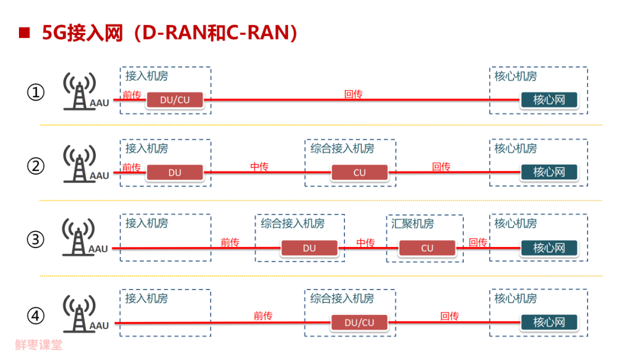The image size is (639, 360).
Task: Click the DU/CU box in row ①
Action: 175,100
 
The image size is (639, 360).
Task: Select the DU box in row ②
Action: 175,173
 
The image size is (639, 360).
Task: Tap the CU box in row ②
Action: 360,173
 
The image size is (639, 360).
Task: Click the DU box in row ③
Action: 309,248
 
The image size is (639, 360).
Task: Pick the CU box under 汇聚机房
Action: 427,248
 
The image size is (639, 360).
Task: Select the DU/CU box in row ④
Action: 360,323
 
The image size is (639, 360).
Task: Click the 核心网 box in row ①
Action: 549,100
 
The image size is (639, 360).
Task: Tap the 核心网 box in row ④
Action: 549,323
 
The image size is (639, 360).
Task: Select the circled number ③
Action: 36,240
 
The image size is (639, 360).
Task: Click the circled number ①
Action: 36,93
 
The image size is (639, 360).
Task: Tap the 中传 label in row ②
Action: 259,167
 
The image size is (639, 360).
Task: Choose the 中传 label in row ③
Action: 366,243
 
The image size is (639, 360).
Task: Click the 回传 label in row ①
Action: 353,94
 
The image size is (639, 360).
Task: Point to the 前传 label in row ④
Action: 263,316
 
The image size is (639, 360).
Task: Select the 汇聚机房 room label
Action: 412,224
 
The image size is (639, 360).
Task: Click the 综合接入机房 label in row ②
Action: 343,149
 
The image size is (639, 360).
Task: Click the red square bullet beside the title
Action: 24,33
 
